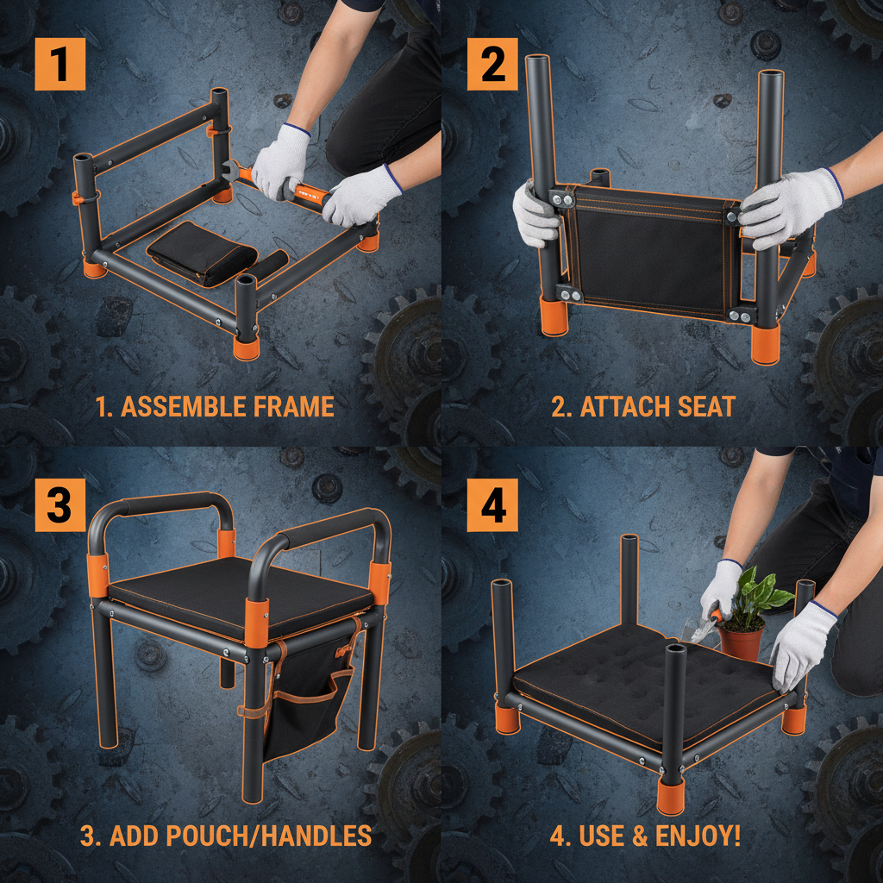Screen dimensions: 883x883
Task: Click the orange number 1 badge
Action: pyautogui.click(x=59, y=65)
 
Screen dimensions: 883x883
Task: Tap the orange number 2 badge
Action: pyautogui.click(x=492, y=65)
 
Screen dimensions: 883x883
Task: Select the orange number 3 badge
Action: pyautogui.click(x=59, y=506)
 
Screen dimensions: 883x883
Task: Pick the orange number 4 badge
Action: pyautogui.click(x=492, y=506)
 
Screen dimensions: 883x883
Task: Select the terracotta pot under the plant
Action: pyautogui.click(x=742, y=642)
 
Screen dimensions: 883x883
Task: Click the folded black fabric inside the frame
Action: pyautogui.click(x=201, y=251)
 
